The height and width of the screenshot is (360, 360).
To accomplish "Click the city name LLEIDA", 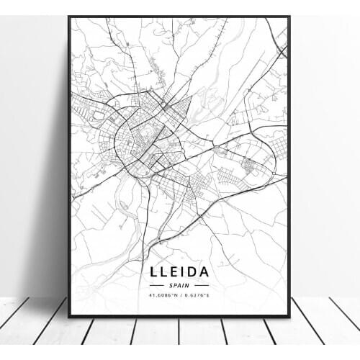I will tap(180, 272).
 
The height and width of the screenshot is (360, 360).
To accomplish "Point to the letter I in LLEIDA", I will tap(182, 272).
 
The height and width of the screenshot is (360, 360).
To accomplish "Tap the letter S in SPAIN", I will tap(171, 286).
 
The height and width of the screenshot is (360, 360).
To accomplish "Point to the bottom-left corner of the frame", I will tap(69, 316).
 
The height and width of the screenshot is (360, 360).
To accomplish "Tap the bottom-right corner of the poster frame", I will tap(289, 316).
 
